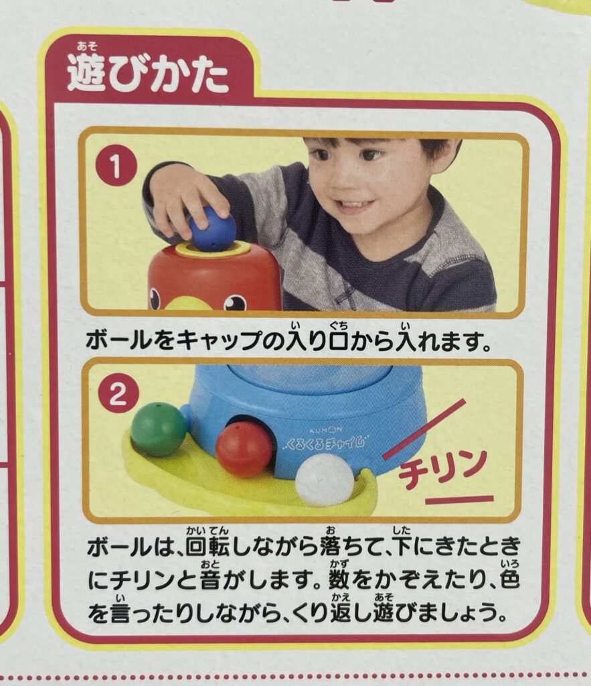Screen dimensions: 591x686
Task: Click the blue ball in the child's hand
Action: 212,229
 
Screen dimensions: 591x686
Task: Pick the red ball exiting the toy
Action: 244,450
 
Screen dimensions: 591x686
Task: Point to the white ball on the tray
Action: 325,480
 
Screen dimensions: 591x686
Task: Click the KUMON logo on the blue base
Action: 326,431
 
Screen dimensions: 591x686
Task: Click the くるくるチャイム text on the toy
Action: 325,443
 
